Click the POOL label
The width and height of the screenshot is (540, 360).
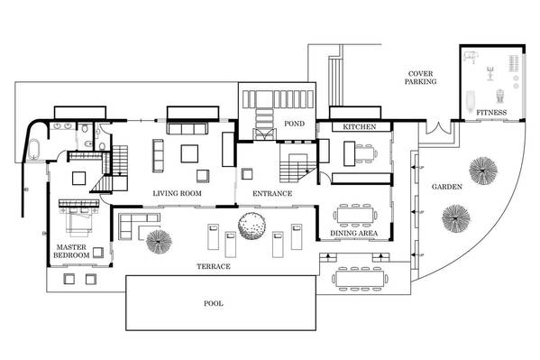(x=214, y=303)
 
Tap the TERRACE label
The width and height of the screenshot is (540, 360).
(x=214, y=266)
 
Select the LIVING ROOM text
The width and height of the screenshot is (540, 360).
(x=177, y=193)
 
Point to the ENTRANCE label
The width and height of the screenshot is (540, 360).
(x=272, y=193)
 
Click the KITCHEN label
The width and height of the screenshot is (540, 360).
(x=360, y=127)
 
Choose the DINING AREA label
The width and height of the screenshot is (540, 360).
(x=353, y=233)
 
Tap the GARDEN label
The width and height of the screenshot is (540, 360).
(x=446, y=187)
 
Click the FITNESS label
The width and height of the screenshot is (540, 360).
(x=491, y=113)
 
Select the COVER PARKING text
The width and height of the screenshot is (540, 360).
(x=420, y=78)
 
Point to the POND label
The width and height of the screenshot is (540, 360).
(x=294, y=124)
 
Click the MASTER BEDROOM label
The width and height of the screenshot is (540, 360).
(x=71, y=251)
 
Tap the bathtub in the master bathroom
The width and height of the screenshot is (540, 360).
(x=33, y=149)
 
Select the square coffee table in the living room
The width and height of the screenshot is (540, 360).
(x=189, y=153)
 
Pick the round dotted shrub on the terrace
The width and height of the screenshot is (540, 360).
(x=252, y=226)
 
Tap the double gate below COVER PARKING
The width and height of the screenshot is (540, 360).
(x=438, y=128)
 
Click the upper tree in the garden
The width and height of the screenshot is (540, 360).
(x=483, y=171)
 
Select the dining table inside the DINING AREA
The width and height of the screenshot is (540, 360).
(x=355, y=215)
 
